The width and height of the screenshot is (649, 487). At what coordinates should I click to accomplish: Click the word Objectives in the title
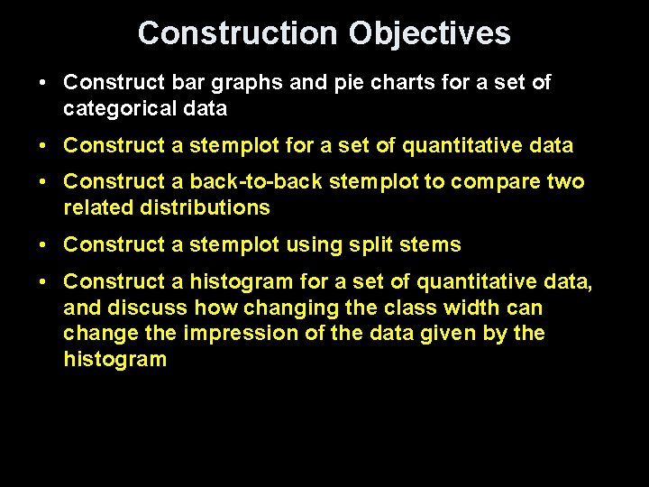(429, 33)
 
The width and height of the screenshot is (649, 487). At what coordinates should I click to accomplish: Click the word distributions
(206, 208)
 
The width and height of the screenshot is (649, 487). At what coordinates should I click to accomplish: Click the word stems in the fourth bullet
(431, 245)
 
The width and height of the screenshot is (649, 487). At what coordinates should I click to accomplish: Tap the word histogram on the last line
(114, 360)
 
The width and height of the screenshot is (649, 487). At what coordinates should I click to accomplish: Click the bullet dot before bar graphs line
(43, 83)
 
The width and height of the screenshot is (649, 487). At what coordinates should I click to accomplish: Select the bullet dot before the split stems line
(43, 245)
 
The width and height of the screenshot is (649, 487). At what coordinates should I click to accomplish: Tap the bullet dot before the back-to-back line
(43, 182)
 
